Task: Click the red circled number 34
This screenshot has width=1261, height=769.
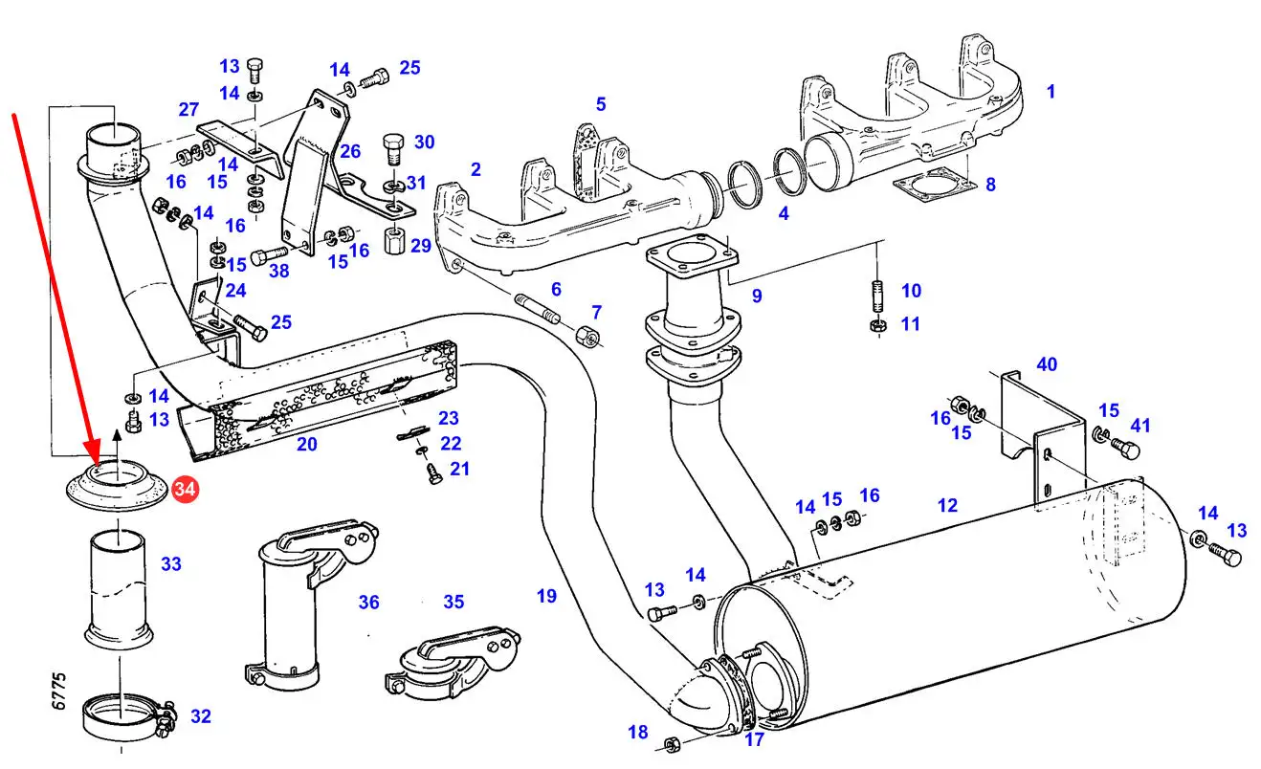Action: [x=185, y=491]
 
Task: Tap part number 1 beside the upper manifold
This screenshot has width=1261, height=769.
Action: [x=1051, y=92]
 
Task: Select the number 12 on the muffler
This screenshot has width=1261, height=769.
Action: [x=947, y=505]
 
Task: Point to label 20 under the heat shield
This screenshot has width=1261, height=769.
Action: [x=306, y=444]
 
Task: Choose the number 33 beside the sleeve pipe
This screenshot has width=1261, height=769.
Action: [x=170, y=564]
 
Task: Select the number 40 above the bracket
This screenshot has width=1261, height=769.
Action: [x=1047, y=363]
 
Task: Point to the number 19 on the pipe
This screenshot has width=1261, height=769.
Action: [x=545, y=596]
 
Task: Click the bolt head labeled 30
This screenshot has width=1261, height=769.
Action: [x=393, y=147]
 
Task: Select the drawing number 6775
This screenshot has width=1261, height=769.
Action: [x=59, y=690]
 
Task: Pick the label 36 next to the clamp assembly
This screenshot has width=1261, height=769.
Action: [x=368, y=602]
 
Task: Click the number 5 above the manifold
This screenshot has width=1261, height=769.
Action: [x=601, y=103]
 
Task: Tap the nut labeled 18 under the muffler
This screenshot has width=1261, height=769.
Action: [x=672, y=742]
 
